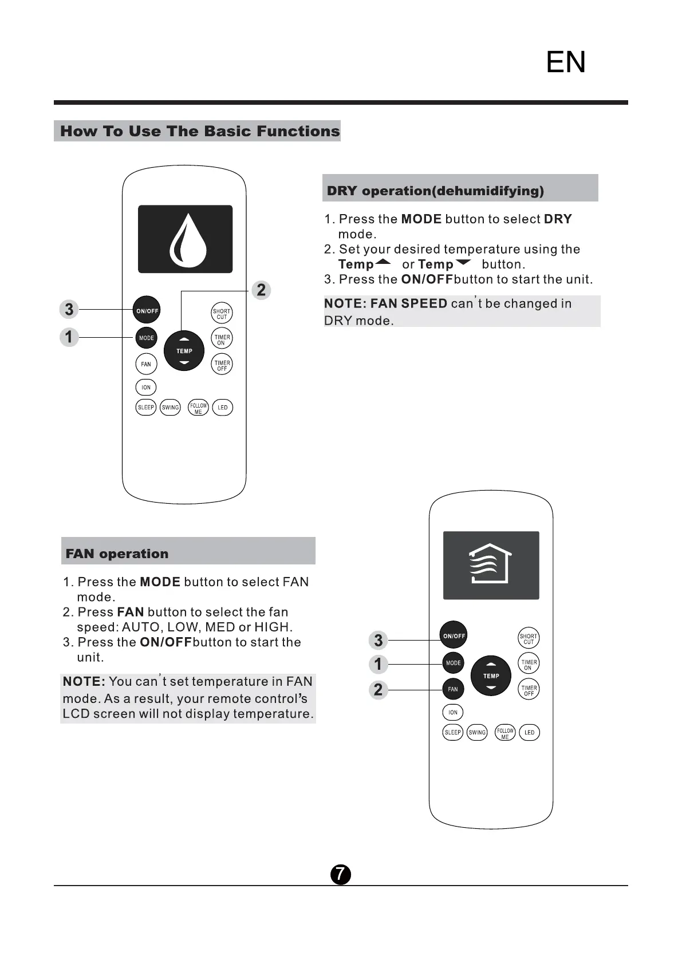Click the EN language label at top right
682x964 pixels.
566,62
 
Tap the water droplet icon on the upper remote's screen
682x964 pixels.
188,240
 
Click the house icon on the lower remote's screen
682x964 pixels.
491,564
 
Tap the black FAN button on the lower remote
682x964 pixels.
453,689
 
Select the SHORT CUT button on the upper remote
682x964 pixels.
222,314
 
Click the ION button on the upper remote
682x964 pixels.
146,388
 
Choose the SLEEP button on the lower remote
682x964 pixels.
453,732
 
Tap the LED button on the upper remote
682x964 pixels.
222,408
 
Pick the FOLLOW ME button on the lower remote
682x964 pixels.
505,733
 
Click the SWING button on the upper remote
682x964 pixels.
170,408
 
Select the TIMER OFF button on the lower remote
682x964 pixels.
529,690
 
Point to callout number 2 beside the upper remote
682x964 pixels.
261,290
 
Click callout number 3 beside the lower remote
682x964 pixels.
378,640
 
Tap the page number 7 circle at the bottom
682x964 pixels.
341,874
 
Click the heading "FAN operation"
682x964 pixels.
117,554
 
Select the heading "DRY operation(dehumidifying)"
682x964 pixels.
435,191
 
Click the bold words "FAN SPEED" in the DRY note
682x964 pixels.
409,303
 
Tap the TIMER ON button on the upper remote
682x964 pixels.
222,339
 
